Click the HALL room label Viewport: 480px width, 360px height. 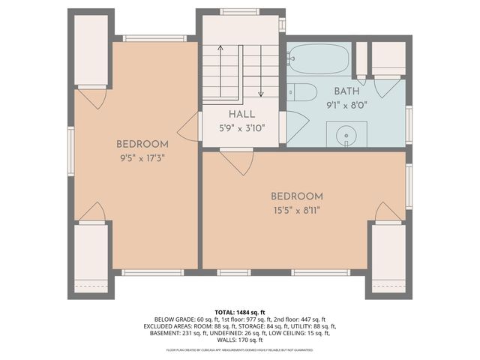[x=241, y=114]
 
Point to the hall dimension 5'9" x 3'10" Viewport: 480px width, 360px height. [x=241, y=127]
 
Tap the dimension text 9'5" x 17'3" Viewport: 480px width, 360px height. [x=142, y=158]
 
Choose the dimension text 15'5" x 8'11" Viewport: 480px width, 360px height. [x=297, y=210]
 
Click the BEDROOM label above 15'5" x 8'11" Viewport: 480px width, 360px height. [x=297, y=196]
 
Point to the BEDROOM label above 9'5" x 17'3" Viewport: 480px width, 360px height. [x=142, y=144]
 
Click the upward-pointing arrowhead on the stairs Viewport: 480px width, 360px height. [x=220, y=48]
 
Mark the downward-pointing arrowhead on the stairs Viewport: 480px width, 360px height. [x=260, y=94]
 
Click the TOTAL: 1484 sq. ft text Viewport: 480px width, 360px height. [x=240, y=312]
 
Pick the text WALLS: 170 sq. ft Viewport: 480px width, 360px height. [x=240, y=340]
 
